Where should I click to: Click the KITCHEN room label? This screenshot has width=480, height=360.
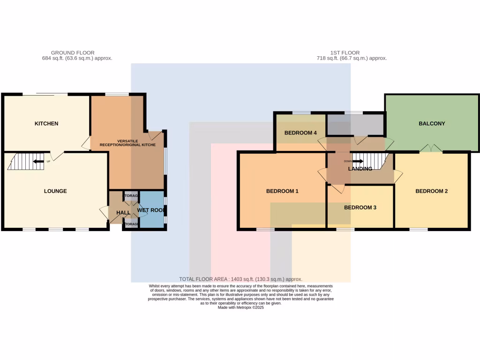pyautogui.click(x=46, y=124)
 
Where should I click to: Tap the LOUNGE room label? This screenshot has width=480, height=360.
pyautogui.click(x=55, y=191)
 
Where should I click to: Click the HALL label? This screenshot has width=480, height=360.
pyautogui.click(x=123, y=213)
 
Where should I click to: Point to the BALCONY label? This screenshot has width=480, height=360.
pyautogui.click(x=432, y=124)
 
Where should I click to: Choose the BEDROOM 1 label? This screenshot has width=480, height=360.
pyautogui.click(x=282, y=191)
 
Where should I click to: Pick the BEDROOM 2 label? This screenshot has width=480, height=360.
pyautogui.click(x=432, y=191)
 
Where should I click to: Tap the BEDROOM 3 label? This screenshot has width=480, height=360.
pyautogui.click(x=360, y=207)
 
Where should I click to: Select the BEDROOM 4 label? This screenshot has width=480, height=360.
pyautogui.click(x=301, y=133)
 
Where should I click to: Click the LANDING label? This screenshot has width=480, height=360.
pyautogui.click(x=360, y=169)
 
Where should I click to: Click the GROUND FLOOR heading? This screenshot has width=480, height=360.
pyautogui.click(x=73, y=53)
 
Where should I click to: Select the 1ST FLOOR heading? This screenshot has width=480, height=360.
pyautogui.click(x=352, y=53)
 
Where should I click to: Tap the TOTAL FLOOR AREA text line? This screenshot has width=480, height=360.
pyautogui.click(x=240, y=279)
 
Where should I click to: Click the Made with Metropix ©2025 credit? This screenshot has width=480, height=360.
pyautogui.click(x=240, y=307)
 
